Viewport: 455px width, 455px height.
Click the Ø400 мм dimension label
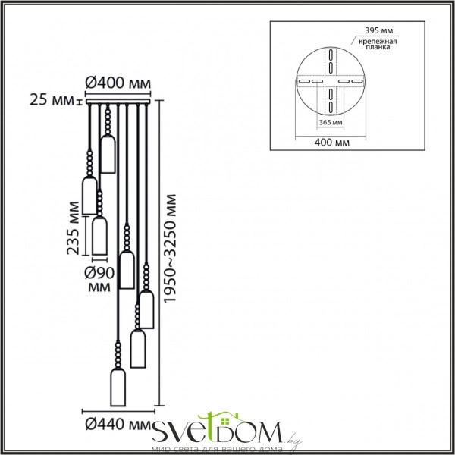(118, 83)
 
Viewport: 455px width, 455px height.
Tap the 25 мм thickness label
(52, 100)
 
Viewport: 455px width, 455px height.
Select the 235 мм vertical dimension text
(73, 228)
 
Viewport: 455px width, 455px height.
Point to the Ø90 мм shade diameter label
(99, 280)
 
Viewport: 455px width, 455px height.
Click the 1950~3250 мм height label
(170, 249)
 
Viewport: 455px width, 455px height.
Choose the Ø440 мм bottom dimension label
(118, 425)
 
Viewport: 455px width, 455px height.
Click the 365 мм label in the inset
(331, 122)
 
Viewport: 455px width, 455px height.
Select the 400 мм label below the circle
(332, 143)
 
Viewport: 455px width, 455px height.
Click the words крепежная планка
(378, 44)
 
